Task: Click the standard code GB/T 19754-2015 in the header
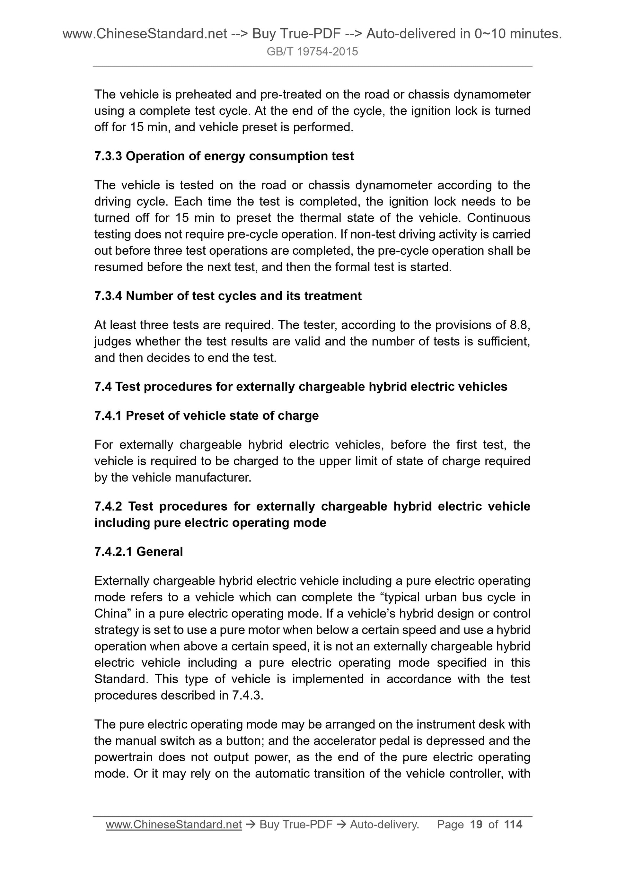tap(312, 52)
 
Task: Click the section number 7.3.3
tap(108, 156)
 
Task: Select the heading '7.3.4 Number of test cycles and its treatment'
tap(228, 296)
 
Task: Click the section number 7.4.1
tap(108, 416)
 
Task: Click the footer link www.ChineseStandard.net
tap(174, 824)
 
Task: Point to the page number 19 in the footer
tap(476, 824)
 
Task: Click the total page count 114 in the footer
tap(513, 824)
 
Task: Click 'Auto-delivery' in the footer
tap(384, 824)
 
